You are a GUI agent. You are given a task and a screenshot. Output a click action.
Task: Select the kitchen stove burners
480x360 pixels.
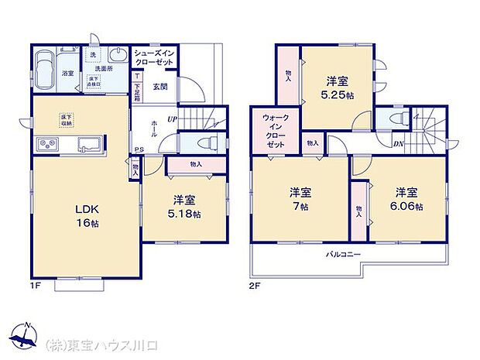[x=46, y=144]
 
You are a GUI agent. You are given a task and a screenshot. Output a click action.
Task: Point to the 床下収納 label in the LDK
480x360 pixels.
[x=67, y=119]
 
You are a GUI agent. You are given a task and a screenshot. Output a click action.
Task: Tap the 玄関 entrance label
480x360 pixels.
[x=160, y=86]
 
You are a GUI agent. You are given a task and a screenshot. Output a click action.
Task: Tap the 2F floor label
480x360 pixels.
[x=254, y=286]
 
